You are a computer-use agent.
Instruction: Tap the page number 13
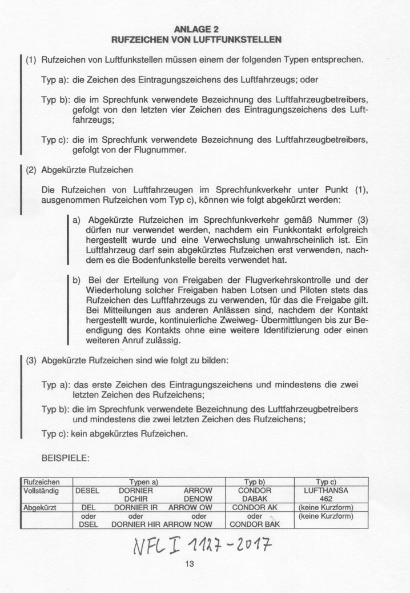point(190,564)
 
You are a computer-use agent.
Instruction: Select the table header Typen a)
point(143,482)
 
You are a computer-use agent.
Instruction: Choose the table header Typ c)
point(326,482)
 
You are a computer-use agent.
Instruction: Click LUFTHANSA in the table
point(326,491)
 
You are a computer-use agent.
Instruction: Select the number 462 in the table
point(326,499)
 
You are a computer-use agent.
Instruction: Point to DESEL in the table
point(88,491)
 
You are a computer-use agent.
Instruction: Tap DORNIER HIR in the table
point(136,524)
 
